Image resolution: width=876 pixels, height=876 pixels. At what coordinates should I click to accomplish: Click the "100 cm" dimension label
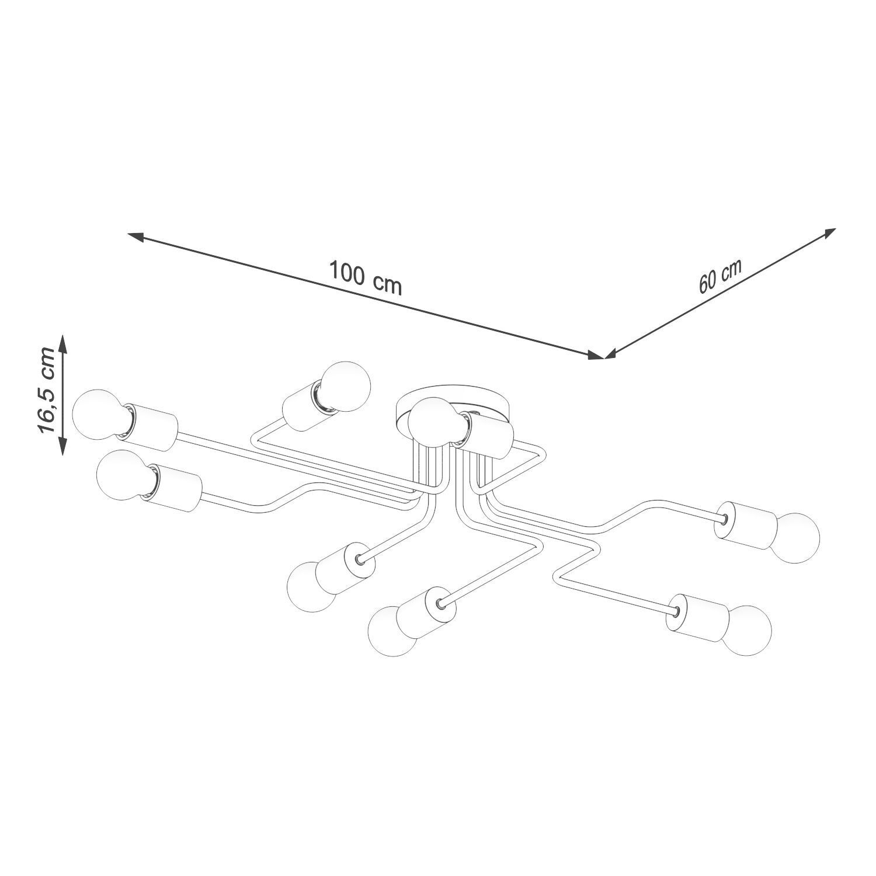tap(366, 278)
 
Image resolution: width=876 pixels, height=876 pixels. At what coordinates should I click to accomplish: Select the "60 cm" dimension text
tap(719, 276)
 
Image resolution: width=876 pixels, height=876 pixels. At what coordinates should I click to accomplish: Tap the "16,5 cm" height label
tap(46, 390)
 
